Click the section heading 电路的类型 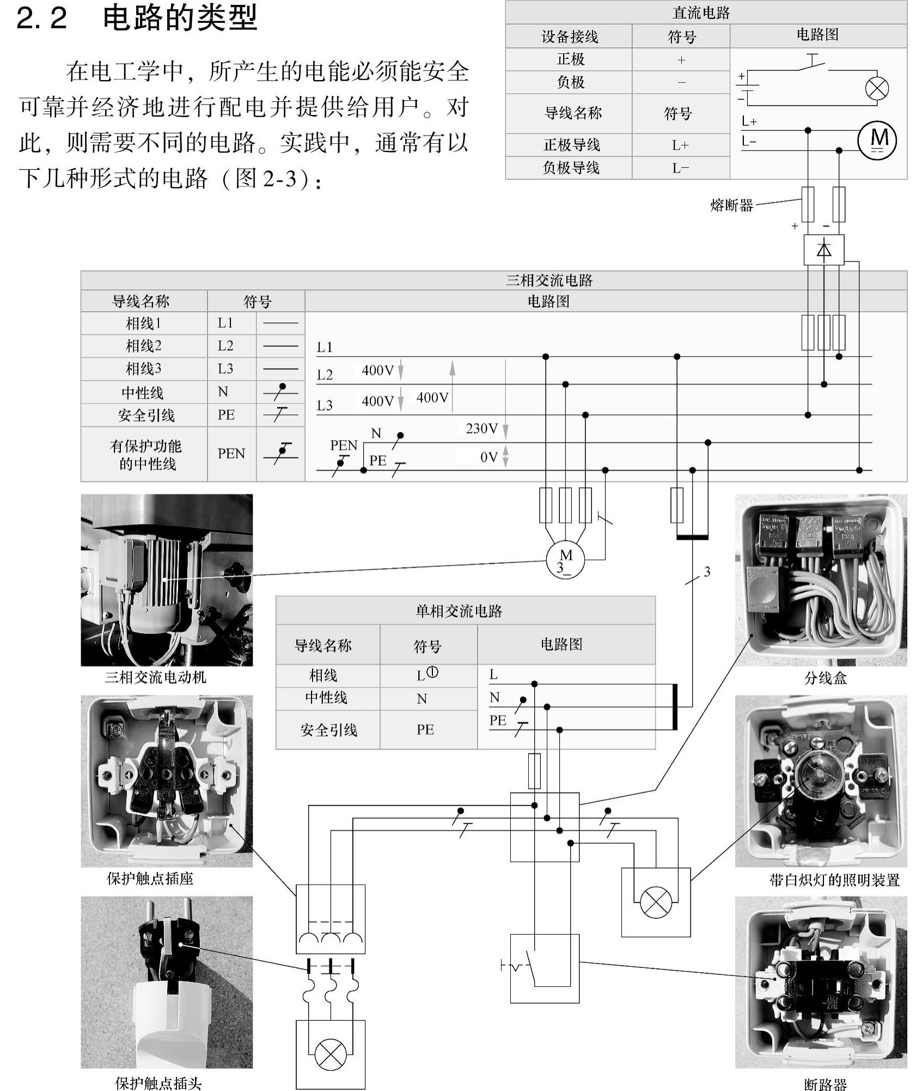[180, 18]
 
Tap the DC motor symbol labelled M [877, 139]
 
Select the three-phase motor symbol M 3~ [565, 559]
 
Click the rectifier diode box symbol [823, 250]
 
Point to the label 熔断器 [731, 205]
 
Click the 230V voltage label [481, 429]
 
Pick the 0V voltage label [488, 457]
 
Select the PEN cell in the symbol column [231, 454]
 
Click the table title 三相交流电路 [549, 281]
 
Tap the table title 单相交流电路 [459, 611]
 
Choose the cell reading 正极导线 [571, 145]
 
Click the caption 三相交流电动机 [156, 677]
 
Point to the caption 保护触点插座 [150, 878]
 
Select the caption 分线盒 [825, 678]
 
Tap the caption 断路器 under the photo [825, 1084]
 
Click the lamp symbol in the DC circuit [877, 88]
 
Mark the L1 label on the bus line [325, 347]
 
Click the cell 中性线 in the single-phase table [326, 698]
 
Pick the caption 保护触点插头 [158, 1083]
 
